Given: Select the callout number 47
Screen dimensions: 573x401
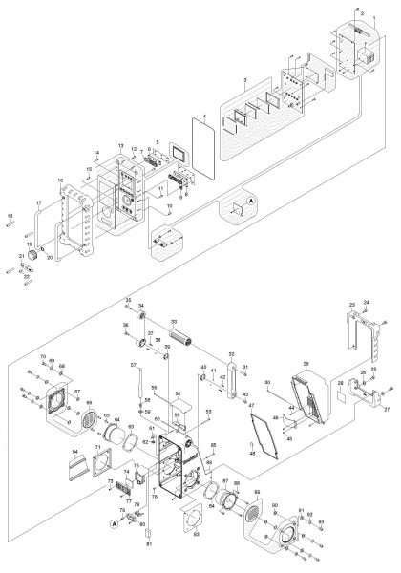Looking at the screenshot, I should point(253,403).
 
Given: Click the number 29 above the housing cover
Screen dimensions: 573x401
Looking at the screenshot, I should point(306,364).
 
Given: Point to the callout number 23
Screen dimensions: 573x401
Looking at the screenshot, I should point(351,305).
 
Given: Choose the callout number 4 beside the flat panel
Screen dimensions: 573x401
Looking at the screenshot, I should point(192,119).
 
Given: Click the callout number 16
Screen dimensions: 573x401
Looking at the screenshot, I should point(60,180).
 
